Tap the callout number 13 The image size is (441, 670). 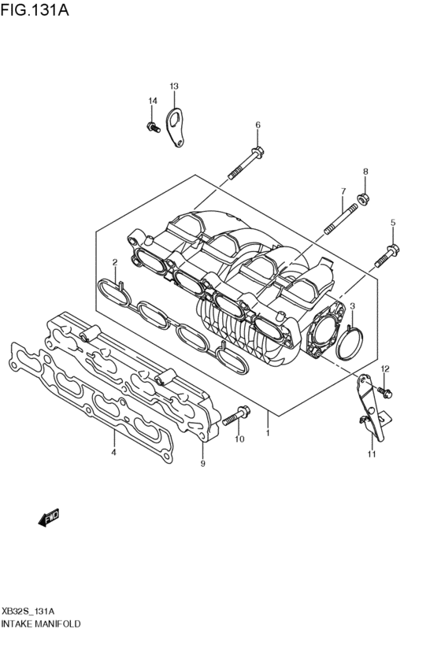[x=174, y=86]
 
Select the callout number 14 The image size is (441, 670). [x=153, y=101]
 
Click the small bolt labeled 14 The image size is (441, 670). [x=151, y=126]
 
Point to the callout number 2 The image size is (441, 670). [x=114, y=262]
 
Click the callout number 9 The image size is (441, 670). [x=202, y=465]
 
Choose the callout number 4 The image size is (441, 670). [x=114, y=453]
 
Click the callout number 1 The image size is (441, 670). [x=268, y=433]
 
